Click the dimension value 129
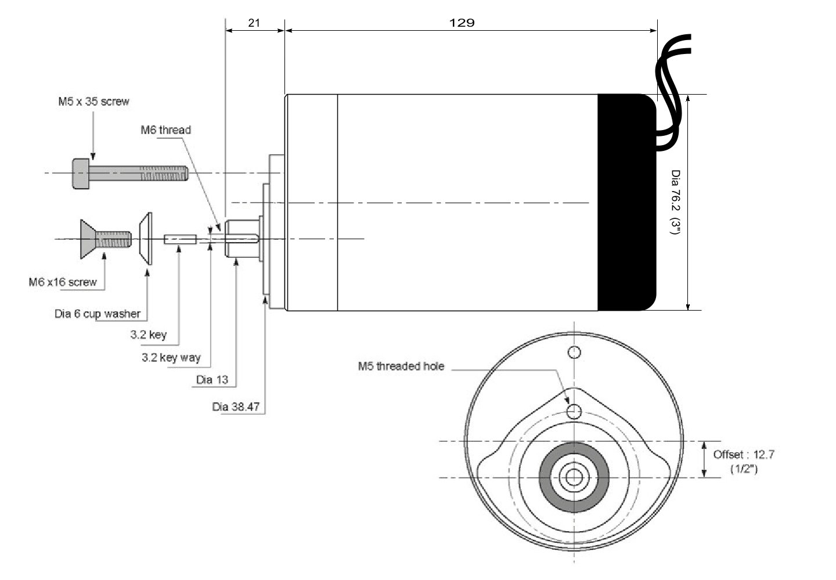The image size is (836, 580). point(462,23)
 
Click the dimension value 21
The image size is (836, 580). point(254,23)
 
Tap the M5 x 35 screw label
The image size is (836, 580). point(93,102)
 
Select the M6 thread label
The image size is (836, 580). point(165,129)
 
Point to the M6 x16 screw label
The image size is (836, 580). point(63,282)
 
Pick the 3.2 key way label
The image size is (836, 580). point(171,358)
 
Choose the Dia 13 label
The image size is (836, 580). point(212,380)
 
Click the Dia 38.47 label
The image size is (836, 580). point(236,406)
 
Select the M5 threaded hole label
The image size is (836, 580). point(401,366)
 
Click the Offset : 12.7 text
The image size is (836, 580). point(744,455)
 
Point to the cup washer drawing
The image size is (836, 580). point(145,239)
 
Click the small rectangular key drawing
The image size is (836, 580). point(181,239)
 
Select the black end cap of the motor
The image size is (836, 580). point(626,202)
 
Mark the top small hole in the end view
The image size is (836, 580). point(574,352)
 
